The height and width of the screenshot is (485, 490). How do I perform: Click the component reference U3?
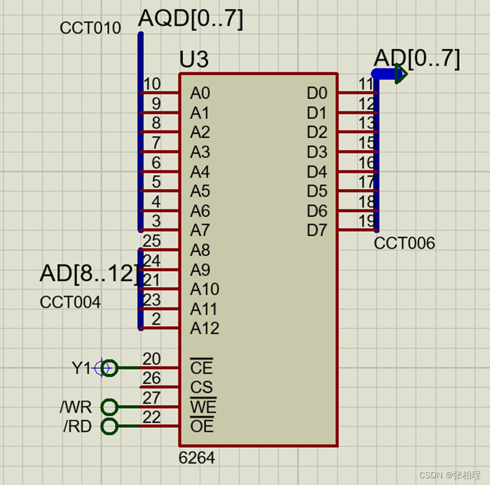[x=193, y=59]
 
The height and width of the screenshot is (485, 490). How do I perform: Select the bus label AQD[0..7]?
[x=190, y=19]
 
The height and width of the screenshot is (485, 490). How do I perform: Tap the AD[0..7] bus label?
[x=416, y=58]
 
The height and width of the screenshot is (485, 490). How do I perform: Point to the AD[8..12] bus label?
[x=89, y=274]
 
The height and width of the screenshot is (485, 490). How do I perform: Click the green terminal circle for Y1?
[x=109, y=368]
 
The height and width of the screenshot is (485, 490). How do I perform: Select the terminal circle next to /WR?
[x=109, y=407]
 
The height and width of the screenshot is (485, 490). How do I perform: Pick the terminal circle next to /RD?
[x=109, y=426]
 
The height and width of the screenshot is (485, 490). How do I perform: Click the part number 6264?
[x=196, y=457]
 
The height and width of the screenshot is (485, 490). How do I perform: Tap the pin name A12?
[x=204, y=329]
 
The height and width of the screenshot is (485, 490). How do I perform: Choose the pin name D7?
[x=317, y=231]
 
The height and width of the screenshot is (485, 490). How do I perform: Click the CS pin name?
[x=201, y=388]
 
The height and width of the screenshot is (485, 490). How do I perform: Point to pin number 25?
[x=151, y=241]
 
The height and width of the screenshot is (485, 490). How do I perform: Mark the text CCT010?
[x=90, y=28]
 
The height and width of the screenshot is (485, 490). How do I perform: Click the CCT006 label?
[x=404, y=243]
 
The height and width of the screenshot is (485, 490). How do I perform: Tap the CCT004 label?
[x=71, y=302]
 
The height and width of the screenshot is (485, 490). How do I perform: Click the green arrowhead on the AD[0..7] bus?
[x=401, y=74]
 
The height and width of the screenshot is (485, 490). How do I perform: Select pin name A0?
[x=200, y=93]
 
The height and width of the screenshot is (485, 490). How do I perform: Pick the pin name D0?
[x=317, y=93]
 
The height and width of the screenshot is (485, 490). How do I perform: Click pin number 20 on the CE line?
[x=151, y=359]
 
